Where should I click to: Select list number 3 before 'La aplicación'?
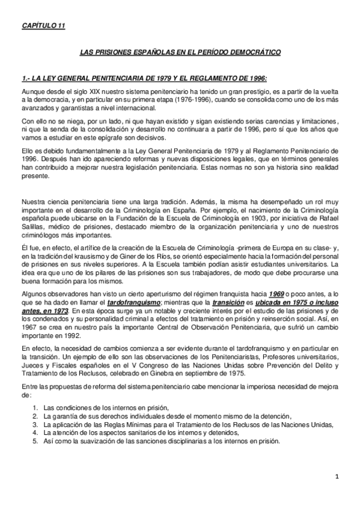click(x=36, y=423)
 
